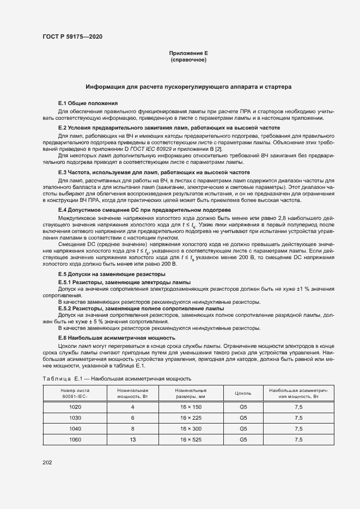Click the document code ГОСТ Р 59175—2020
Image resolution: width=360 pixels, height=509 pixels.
pos(72,36)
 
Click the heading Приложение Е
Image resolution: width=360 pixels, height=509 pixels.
pos(188,53)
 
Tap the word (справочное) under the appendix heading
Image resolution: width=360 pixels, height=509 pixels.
pos(188,59)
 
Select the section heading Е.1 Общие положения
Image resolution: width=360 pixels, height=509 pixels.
pos(88,103)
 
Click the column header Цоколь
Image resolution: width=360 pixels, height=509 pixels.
pos(243,393)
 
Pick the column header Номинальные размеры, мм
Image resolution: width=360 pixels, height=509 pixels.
pos(191,393)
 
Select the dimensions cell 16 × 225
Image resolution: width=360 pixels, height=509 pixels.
pos(191,418)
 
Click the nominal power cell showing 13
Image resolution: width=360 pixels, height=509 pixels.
pos(132,439)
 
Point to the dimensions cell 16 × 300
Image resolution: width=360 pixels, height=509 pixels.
pos(191,429)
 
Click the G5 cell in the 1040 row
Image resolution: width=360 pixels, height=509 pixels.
pos(243,429)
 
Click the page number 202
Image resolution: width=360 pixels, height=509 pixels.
pos(47,462)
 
